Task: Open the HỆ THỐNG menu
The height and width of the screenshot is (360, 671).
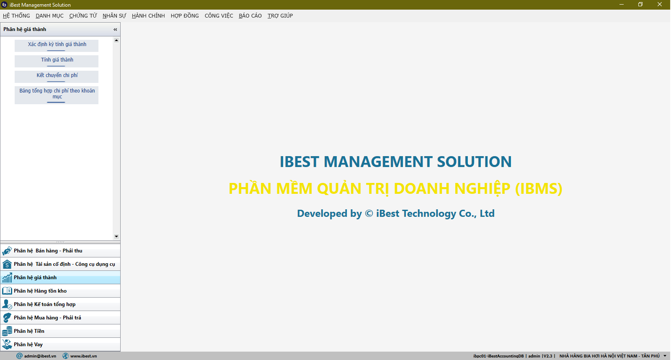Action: (16, 15)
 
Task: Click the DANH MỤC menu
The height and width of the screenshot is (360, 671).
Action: (49, 15)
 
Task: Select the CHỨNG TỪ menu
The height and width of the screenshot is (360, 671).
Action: (83, 15)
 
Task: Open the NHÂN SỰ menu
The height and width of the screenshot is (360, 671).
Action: (114, 15)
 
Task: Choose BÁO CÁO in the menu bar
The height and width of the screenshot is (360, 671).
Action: (250, 15)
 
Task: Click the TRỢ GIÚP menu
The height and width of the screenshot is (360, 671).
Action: (280, 15)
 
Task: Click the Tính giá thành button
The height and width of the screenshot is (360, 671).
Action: (57, 61)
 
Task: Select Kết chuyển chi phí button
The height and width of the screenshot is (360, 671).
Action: (57, 77)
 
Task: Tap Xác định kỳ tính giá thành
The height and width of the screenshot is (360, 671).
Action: (57, 46)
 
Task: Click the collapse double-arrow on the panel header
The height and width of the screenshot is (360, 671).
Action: (115, 29)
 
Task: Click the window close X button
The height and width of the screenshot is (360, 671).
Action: (660, 5)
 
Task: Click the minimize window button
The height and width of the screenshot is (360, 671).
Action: (622, 5)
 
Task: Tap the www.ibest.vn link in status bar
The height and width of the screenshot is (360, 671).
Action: (80, 356)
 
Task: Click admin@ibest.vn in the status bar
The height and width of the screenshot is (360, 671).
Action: (36, 356)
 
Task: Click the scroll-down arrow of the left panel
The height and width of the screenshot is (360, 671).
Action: (116, 237)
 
